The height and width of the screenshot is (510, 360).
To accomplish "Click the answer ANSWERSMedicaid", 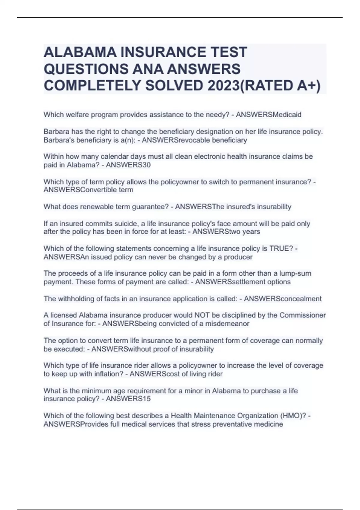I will [268, 115].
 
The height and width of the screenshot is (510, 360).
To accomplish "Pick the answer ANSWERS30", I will [128, 165].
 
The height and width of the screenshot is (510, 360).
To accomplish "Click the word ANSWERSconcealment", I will [283, 299].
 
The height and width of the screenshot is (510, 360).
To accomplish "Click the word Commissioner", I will [302, 315].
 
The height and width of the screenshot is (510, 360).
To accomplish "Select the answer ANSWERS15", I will [128, 399].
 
